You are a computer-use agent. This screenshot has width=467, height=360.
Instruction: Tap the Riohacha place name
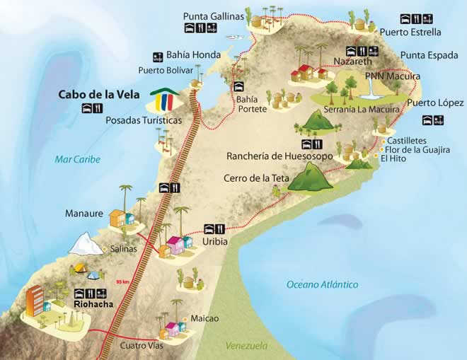[x=92, y=305]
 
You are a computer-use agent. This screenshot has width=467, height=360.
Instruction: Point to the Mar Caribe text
[x=78, y=160]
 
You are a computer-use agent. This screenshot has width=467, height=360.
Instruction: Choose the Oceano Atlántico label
[x=322, y=284]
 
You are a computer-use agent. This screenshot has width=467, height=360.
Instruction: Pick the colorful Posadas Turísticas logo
[x=163, y=100]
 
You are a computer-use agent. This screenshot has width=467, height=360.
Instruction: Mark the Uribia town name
[x=216, y=242]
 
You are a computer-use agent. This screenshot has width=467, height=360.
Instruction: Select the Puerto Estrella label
[x=410, y=32]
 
